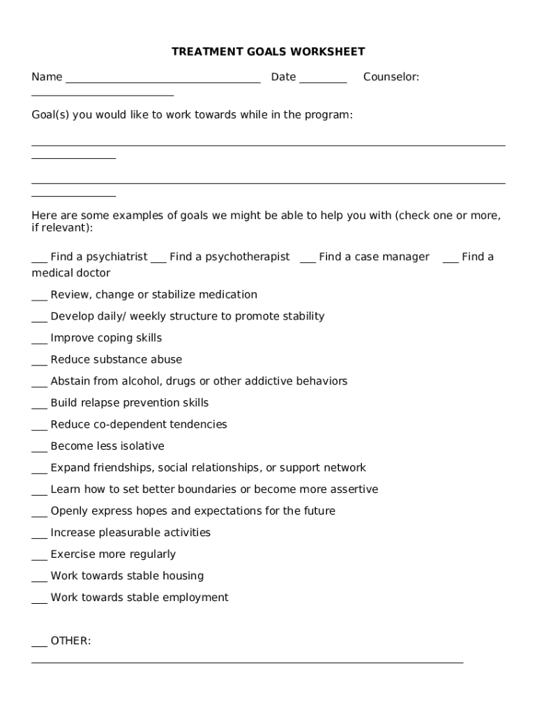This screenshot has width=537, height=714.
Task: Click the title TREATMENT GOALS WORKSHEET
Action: (x=268, y=52)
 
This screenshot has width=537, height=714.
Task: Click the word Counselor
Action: (x=391, y=77)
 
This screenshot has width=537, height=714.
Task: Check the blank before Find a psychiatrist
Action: (x=39, y=261)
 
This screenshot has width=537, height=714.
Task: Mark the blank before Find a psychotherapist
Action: (x=158, y=261)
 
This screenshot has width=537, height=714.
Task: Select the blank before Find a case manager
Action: (x=308, y=261)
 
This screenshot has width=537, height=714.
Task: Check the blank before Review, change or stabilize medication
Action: (x=39, y=298)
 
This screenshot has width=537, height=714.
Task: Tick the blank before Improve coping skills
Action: (x=39, y=342)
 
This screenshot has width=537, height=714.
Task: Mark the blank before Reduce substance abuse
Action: (x=39, y=363)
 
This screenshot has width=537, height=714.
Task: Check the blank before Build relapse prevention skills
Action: (x=39, y=407)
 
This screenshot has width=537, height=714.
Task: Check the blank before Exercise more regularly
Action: (x=39, y=558)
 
